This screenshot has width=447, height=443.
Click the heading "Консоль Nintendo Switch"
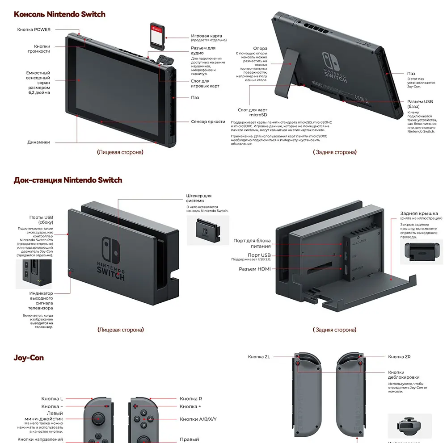click(59, 14)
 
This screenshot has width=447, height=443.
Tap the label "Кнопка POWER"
click(34, 29)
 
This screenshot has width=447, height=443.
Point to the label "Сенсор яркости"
click(208, 121)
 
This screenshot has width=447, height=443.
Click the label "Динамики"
click(39, 142)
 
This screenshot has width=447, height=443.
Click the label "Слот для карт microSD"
click(253, 112)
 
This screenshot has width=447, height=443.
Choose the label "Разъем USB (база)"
click(420, 104)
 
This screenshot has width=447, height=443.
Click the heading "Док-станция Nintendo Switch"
click(68, 180)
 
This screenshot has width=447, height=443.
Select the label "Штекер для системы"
click(198, 198)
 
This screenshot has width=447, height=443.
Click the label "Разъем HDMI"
click(254, 269)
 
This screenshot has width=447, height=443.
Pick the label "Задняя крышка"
click(419, 214)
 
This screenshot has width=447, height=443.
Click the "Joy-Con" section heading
click(29, 358)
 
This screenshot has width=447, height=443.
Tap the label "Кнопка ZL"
click(259, 357)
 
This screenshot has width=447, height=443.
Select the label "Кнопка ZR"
click(399, 357)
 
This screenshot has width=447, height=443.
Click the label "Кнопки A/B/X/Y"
click(198, 419)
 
